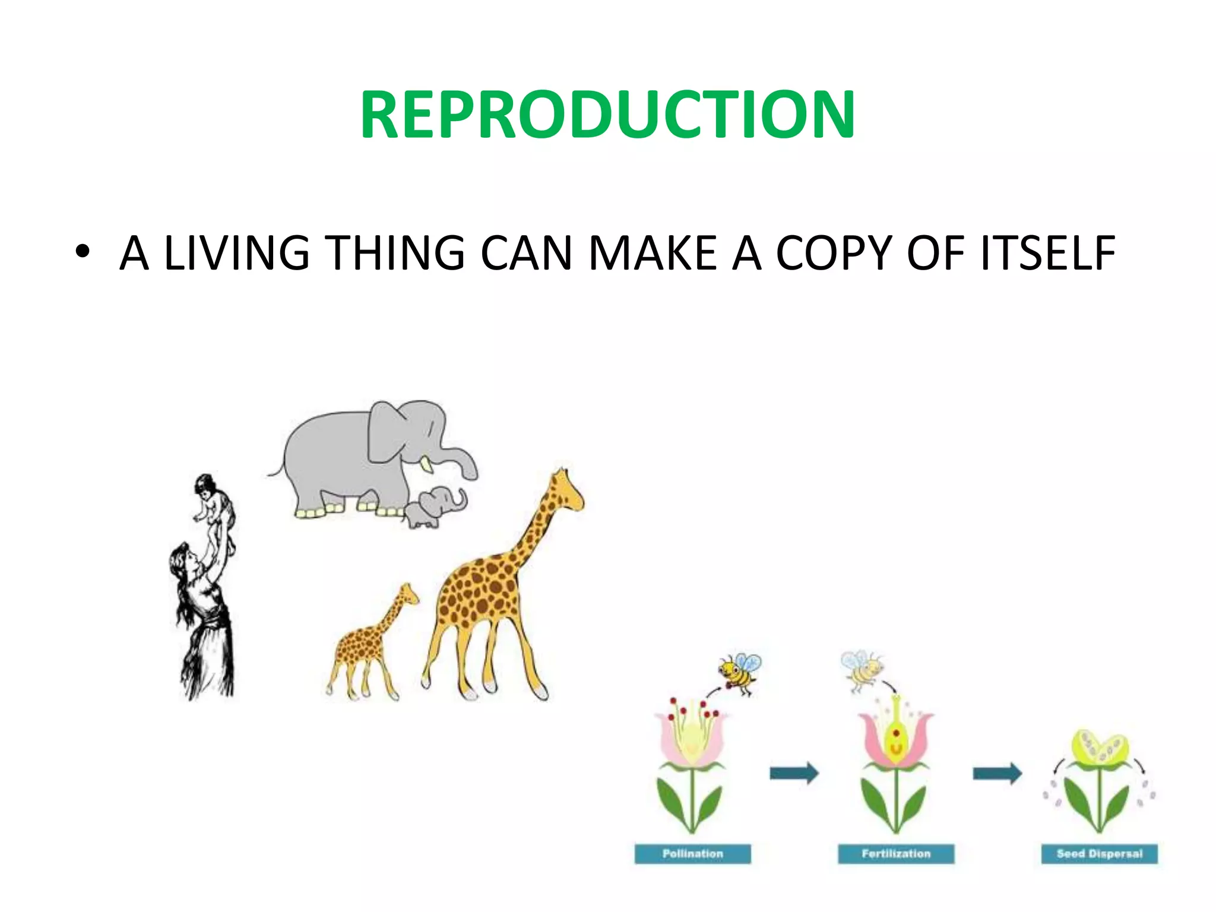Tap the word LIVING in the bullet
click(x=236, y=254)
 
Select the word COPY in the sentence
click(x=834, y=254)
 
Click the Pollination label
click(x=692, y=854)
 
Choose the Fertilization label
click(x=896, y=854)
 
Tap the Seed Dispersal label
click(x=1099, y=854)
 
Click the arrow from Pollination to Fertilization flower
click(x=794, y=773)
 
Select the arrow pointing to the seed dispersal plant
click(x=997, y=773)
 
